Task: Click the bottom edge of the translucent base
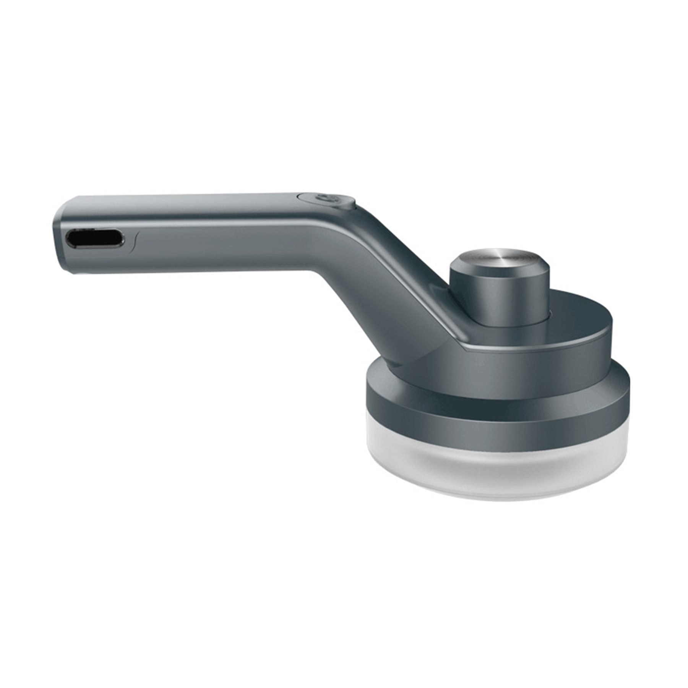(x=497, y=499)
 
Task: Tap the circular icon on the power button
(x=325, y=200)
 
